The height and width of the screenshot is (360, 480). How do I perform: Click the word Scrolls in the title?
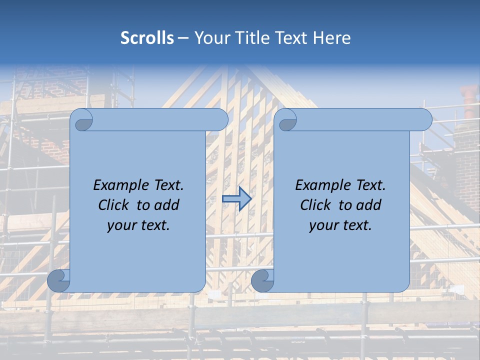pos(147,38)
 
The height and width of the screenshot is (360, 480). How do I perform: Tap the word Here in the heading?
pos(332,38)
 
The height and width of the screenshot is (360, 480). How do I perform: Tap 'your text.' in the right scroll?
pos(340,225)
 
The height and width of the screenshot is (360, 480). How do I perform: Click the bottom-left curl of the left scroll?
pos(58,281)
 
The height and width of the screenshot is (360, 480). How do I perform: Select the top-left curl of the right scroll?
pos(286,120)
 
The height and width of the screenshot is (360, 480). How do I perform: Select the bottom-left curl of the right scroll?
pos(262,281)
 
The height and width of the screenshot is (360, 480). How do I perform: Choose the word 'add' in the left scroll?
pos(166,205)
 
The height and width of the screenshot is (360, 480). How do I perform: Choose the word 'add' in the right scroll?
pos(368,205)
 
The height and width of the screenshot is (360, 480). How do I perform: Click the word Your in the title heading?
pos(210,38)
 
